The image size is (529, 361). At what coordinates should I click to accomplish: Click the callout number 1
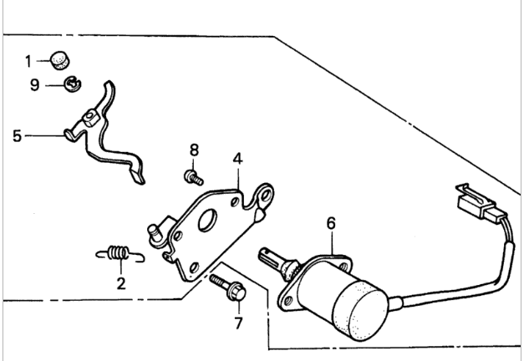click(x=28, y=61)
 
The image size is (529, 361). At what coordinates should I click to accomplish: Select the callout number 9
click(x=35, y=84)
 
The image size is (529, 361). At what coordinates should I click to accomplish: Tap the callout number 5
click(x=17, y=136)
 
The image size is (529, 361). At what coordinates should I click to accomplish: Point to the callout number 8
click(x=194, y=150)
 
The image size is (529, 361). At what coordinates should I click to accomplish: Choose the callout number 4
click(x=238, y=159)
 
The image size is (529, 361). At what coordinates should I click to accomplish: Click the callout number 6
click(x=331, y=223)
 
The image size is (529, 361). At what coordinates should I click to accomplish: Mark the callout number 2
click(x=121, y=283)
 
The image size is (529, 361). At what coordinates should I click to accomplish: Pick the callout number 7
click(x=238, y=323)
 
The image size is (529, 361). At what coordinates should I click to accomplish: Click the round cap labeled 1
click(x=60, y=61)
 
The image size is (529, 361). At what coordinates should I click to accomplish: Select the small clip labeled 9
click(x=73, y=84)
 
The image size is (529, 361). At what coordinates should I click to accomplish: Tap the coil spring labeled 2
click(x=120, y=254)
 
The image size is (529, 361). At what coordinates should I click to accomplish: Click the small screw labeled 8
click(x=194, y=177)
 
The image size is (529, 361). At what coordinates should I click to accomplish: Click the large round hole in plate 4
click(x=207, y=221)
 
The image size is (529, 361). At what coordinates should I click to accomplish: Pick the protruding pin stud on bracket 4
click(x=155, y=233)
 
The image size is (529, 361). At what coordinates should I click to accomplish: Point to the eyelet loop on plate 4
click(x=264, y=196)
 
